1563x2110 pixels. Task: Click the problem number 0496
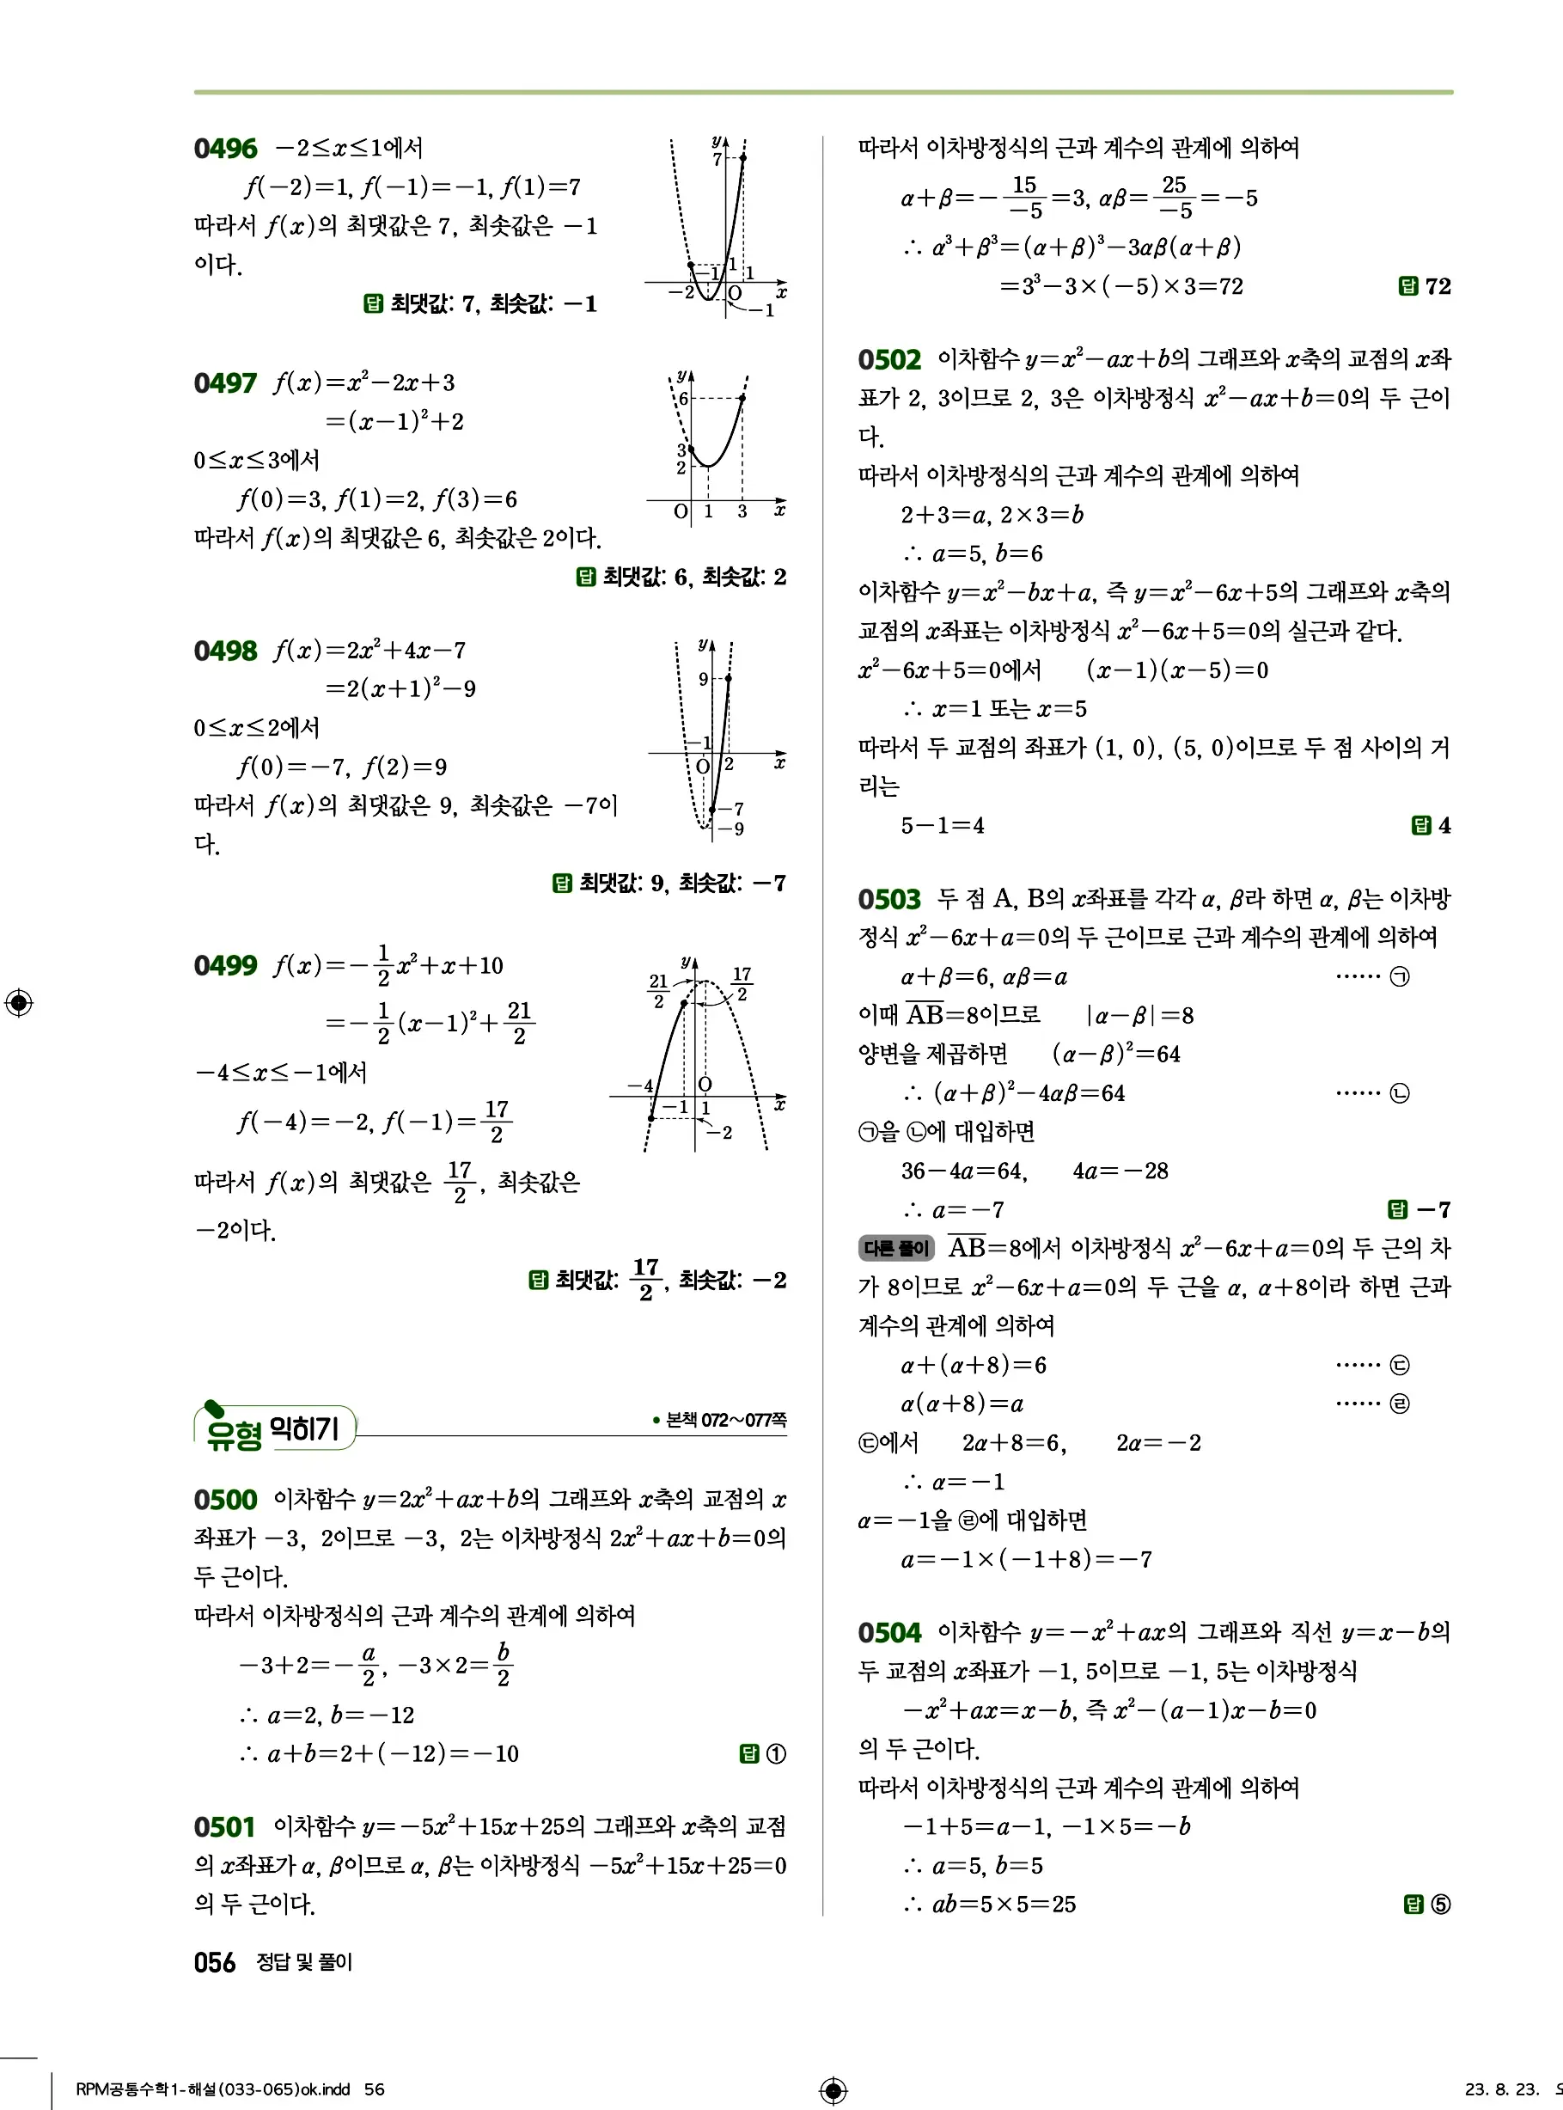click(x=225, y=149)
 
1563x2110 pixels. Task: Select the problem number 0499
click(x=225, y=966)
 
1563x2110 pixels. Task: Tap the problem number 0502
click(x=889, y=360)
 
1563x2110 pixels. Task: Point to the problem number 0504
click(x=889, y=1633)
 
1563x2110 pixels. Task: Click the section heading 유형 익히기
click(x=274, y=1428)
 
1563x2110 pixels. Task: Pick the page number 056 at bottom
click(x=215, y=1963)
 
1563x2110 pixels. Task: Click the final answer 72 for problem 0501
click(x=1438, y=287)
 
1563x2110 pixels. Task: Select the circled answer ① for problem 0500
click(x=776, y=1754)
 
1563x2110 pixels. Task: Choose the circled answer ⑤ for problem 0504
click(x=1440, y=1905)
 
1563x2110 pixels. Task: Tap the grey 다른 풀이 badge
click(x=895, y=1249)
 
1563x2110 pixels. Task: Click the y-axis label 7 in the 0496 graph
click(x=717, y=160)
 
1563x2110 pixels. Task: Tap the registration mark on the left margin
click(x=19, y=1003)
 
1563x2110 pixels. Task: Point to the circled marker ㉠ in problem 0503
click(x=1400, y=977)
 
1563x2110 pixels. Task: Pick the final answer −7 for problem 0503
click(x=1432, y=1210)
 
